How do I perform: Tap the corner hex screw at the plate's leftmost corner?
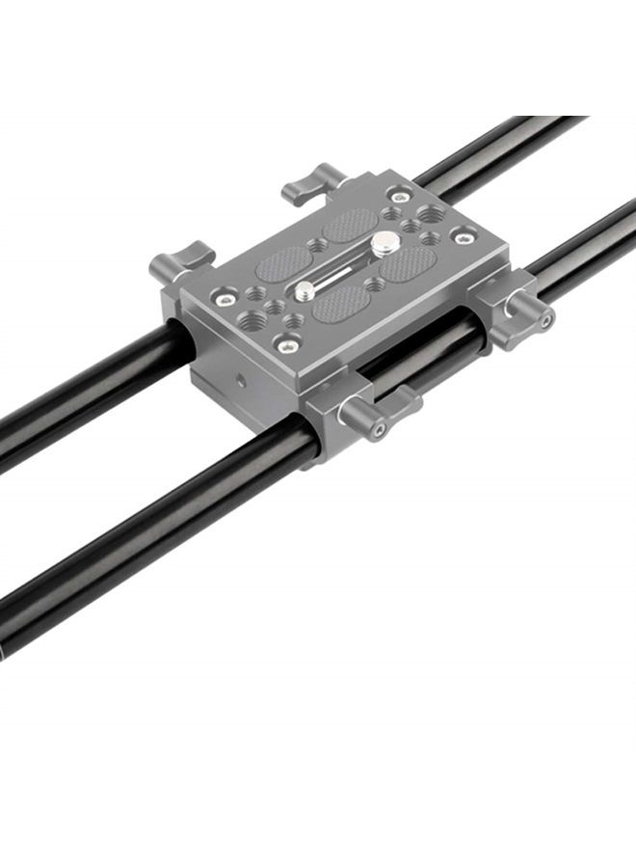225,300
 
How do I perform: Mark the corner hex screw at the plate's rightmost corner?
464,234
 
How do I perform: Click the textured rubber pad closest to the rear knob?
350,224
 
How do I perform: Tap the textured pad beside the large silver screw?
409,261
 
